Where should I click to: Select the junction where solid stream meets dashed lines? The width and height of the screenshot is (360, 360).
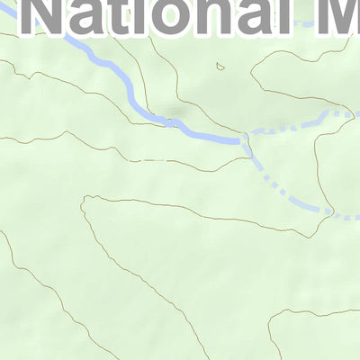point(245,138)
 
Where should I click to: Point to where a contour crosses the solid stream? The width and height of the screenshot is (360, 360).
point(170,123)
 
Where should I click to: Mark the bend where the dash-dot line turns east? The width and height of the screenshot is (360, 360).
point(329,211)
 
